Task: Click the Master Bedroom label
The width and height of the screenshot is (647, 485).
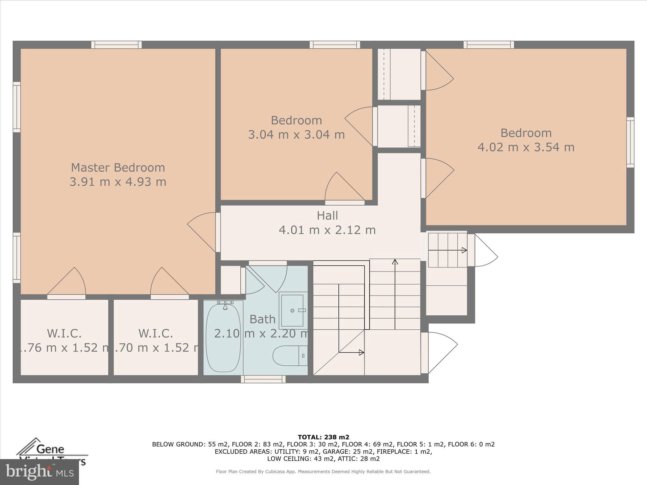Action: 118,167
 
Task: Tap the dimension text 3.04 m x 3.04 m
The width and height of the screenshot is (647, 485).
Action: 296,135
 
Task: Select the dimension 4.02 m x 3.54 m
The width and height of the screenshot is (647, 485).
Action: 526,147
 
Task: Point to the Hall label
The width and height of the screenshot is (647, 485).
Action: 327,216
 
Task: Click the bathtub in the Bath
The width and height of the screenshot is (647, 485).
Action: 223,338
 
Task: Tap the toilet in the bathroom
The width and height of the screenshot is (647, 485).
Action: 289,356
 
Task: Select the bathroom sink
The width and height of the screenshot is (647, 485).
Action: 293,310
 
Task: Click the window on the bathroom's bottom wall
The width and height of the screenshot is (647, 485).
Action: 263,379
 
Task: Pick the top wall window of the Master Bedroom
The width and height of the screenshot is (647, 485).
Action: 117,45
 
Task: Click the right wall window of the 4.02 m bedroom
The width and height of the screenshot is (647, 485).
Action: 630,142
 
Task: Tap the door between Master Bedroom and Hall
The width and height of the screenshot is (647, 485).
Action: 218,232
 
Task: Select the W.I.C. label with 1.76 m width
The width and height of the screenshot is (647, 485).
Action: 64,333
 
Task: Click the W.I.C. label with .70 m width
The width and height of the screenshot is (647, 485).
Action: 155,333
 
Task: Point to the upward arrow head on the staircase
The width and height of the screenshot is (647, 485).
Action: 395,262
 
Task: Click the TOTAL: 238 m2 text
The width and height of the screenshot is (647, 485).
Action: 323,437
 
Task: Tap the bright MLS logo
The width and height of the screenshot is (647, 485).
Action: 39,472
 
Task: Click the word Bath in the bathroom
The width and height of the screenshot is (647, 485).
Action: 262,319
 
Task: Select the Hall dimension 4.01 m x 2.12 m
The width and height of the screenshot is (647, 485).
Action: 327,230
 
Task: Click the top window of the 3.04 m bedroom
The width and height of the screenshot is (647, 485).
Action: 335,45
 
